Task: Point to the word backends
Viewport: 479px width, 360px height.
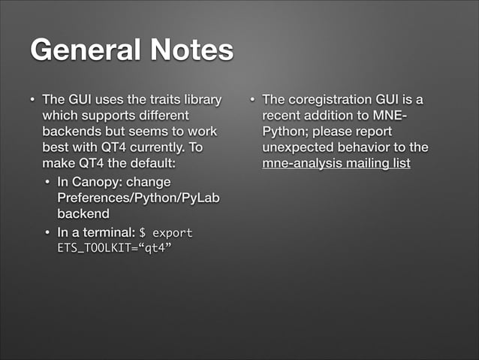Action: pos(74,132)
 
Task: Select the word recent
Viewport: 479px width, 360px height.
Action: pos(282,116)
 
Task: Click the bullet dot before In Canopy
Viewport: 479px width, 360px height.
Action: pos(47,182)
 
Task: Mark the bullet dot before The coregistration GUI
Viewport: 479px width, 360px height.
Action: pos(252,100)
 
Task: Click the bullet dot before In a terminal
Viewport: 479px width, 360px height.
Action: pos(47,231)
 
